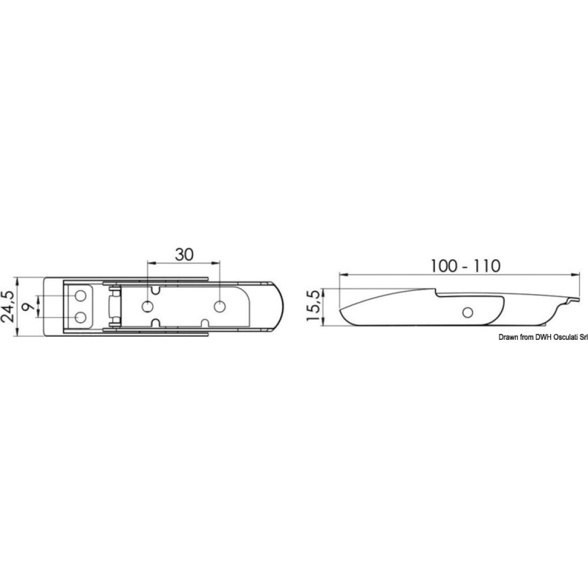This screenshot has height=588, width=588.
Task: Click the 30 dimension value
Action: click(184, 255)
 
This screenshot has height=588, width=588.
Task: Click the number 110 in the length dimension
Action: click(487, 266)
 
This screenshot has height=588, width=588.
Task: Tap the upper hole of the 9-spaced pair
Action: click(81, 296)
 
